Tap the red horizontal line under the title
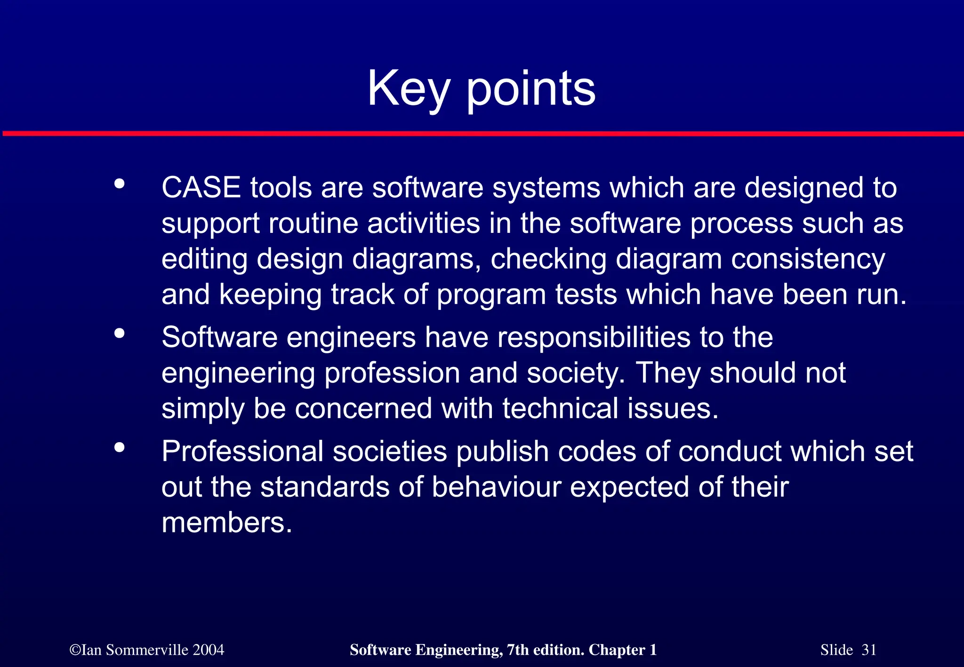click(482, 134)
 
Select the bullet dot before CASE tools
click(120, 184)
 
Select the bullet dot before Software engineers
click(120, 333)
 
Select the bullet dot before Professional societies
click(120, 447)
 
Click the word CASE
click(201, 188)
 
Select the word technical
click(560, 408)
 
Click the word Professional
click(242, 452)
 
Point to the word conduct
click(730, 452)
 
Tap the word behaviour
click(496, 487)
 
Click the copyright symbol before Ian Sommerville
click(74, 651)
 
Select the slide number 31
click(868, 650)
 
